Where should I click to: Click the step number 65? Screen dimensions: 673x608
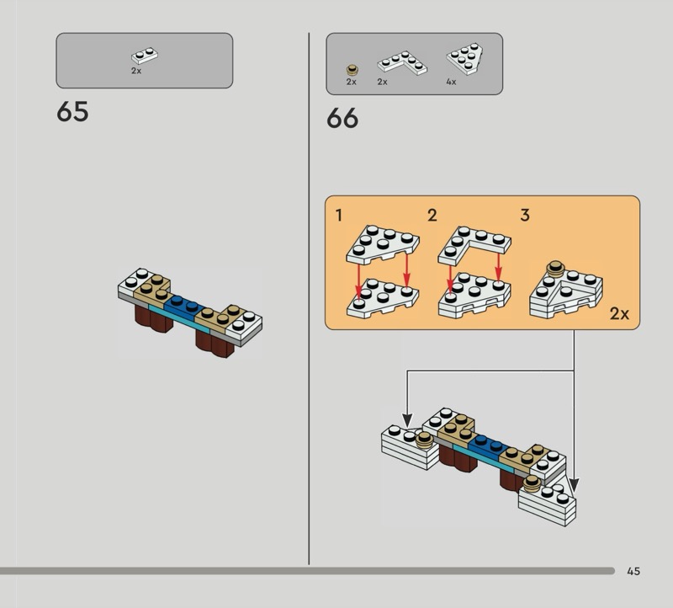(72, 112)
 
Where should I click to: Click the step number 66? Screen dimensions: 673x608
(342, 118)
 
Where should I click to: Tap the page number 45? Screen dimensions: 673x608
(633, 571)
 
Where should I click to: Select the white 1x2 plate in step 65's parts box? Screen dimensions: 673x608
(145, 56)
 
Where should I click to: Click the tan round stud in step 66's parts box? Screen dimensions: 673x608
(352, 70)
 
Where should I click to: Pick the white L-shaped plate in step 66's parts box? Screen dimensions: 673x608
(402, 62)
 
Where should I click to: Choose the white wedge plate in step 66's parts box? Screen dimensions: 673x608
(465, 59)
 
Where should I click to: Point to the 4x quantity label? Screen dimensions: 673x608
(451, 82)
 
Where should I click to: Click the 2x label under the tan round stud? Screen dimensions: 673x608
(352, 82)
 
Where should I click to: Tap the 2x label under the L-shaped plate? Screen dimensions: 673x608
(383, 82)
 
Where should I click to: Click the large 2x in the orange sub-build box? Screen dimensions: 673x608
(619, 314)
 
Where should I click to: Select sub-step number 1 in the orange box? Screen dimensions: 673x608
(339, 216)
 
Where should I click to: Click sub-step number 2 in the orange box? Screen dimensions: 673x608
(432, 216)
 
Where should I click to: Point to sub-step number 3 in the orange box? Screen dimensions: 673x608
(525, 216)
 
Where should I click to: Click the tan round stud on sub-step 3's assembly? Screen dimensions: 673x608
(555, 268)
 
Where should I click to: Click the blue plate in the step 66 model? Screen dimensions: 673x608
(490, 447)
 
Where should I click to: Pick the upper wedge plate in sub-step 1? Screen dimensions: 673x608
(383, 244)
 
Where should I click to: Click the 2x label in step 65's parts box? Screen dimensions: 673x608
(136, 71)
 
